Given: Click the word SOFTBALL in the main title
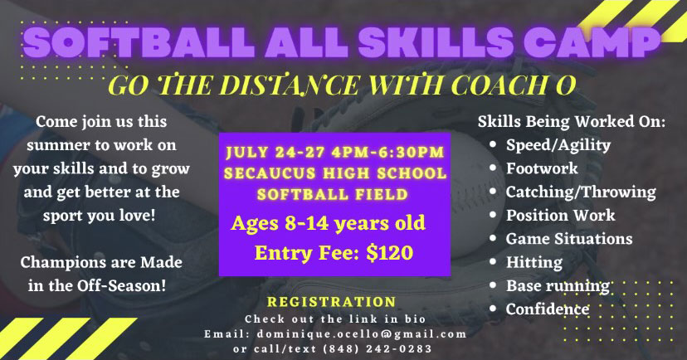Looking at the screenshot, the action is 138,42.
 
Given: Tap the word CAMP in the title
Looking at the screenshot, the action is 592,42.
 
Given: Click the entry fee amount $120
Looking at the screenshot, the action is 389,253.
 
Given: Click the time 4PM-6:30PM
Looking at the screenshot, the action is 388,153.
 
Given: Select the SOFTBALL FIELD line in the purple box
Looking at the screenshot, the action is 333,194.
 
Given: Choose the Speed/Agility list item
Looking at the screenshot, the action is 558,145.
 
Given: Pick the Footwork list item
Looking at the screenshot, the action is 542,168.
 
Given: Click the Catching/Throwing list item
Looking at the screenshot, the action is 581,192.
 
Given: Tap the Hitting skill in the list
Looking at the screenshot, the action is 534,262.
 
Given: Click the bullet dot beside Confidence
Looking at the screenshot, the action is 493,309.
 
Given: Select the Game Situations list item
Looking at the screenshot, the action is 569,239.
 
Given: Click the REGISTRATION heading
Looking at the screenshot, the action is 332,302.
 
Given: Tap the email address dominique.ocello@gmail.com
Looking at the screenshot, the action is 362,334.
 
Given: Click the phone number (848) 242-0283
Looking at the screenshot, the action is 378,349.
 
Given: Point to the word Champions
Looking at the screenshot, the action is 61,263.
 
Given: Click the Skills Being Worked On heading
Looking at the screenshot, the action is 572,121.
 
